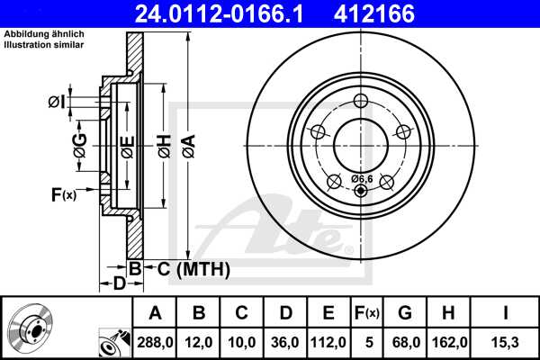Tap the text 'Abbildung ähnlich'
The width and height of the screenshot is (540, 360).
[40, 35]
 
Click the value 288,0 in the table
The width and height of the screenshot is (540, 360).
[155, 341]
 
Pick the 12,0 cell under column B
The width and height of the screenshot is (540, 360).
[200, 341]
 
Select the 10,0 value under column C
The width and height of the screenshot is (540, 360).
[242, 341]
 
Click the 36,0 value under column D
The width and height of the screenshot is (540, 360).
[285, 341]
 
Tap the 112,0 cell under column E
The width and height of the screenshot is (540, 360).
[328, 341]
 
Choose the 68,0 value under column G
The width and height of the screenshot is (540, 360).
[404, 341]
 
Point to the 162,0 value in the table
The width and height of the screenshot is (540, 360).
[447, 341]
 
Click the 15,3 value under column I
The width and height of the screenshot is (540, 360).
[505, 341]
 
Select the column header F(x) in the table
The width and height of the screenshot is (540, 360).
[367, 312]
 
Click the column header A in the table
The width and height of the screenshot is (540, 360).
[155, 312]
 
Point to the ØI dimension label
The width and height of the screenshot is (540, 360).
[57, 103]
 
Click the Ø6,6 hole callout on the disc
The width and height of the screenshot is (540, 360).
[361, 178]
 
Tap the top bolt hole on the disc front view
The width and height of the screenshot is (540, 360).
[361, 101]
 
